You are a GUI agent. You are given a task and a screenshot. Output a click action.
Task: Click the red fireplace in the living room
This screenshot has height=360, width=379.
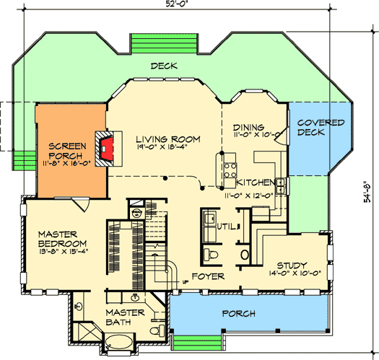point(108,149)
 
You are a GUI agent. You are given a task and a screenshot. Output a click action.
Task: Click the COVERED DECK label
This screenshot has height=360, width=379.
point(320,128)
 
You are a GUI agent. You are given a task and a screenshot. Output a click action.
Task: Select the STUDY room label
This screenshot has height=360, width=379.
point(288,265)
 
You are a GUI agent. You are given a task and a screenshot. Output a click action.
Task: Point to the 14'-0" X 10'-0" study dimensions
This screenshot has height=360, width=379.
point(289,274)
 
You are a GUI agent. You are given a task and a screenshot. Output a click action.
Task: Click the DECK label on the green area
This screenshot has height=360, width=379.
point(163,66)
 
